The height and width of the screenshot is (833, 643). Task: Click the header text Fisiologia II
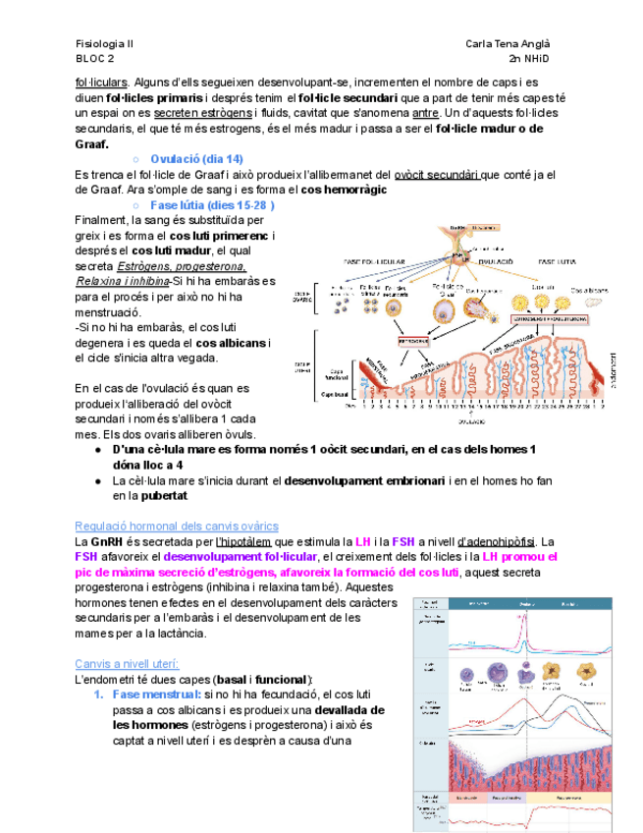tap(105, 44)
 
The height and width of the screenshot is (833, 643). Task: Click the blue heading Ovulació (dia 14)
tap(197, 159)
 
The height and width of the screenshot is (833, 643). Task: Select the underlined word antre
tap(426, 113)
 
